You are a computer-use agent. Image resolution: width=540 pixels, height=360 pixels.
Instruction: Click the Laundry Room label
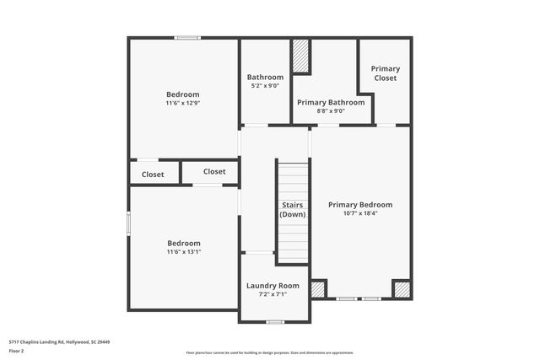pos(273,286)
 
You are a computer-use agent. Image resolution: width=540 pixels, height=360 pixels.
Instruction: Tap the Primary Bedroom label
pos(360,205)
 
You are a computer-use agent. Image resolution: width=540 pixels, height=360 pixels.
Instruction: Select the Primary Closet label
pos(386,73)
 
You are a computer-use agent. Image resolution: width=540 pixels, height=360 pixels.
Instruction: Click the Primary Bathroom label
pos(329,102)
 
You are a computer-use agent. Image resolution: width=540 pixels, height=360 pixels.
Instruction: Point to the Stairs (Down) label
pos(293,210)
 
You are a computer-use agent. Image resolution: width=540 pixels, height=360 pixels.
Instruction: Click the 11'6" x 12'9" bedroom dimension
pos(183,103)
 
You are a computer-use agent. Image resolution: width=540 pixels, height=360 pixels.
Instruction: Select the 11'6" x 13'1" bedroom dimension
pos(183,251)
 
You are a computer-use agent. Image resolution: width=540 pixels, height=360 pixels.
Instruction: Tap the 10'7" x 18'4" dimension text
pos(360,213)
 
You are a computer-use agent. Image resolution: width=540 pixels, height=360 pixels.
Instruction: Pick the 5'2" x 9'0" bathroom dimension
pos(265,85)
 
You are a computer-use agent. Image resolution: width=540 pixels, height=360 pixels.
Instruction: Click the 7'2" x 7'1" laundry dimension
pos(273,294)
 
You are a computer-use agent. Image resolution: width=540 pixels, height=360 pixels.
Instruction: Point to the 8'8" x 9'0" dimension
pos(329,110)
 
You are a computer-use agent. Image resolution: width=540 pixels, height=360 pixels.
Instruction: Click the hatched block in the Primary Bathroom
pos(301,56)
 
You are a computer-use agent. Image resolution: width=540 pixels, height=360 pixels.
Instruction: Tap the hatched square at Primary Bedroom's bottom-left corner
pos(318,289)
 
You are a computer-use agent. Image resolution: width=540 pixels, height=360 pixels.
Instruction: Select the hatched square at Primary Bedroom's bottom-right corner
pos(402,289)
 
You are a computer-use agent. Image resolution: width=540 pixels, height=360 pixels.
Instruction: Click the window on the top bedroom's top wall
pos(187,37)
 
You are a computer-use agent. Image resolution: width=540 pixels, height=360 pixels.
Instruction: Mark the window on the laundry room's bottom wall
pos(274,322)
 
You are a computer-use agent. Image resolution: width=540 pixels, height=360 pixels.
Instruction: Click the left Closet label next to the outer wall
pos(153,175)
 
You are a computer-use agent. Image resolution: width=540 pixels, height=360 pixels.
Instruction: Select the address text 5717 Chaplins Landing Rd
pos(59,342)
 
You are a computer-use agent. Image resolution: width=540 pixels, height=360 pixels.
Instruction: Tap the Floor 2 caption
pos(17,350)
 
